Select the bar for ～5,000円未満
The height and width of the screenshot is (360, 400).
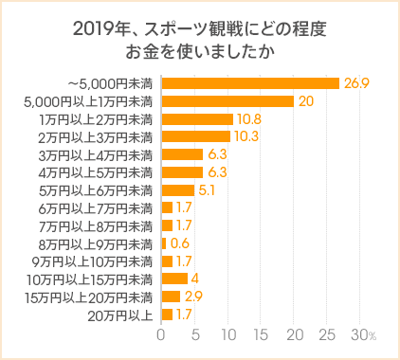(x=250, y=83)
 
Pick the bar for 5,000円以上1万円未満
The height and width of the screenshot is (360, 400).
(x=227, y=101)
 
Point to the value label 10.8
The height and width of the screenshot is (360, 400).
(x=249, y=119)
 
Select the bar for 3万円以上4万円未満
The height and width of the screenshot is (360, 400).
(x=182, y=154)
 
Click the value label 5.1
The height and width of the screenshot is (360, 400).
(x=206, y=189)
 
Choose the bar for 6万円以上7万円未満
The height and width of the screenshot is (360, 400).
(x=167, y=207)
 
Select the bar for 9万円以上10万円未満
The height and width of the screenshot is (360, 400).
(x=167, y=261)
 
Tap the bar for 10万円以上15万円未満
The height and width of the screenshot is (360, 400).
(x=174, y=279)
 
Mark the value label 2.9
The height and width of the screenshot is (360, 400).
(x=192, y=297)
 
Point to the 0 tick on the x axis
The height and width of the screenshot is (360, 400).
(x=161, y=335)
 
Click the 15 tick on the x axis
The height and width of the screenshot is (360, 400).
(x=262, y=335)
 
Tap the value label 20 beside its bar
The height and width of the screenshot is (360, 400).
(x=305, y=101)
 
